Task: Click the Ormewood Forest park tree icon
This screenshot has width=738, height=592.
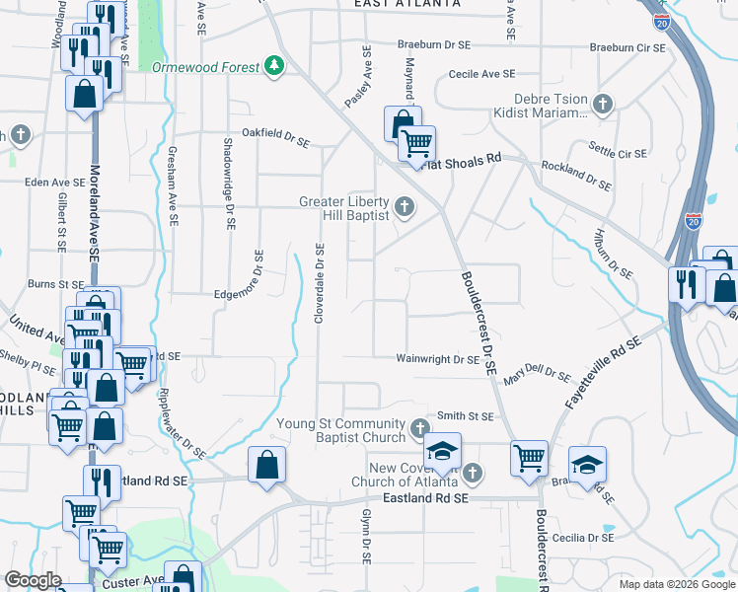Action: pos(273,66)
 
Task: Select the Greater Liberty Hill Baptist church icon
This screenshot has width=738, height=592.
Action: pos(404,206)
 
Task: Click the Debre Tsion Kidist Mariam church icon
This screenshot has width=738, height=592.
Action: pos(602,104)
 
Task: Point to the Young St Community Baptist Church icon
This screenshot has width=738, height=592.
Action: pos(420,429)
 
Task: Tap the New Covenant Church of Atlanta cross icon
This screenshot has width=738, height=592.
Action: pos(473,474)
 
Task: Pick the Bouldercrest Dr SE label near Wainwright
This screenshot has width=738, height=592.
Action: pos(475,321)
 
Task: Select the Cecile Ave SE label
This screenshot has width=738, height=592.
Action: pos(481,74)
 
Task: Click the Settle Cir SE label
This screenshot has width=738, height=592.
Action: pos(617,154)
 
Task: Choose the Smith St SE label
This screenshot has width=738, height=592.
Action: pos(465,416)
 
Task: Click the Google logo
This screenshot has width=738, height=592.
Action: pos(34,580)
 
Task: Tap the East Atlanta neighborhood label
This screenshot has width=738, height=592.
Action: pos(407,5)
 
